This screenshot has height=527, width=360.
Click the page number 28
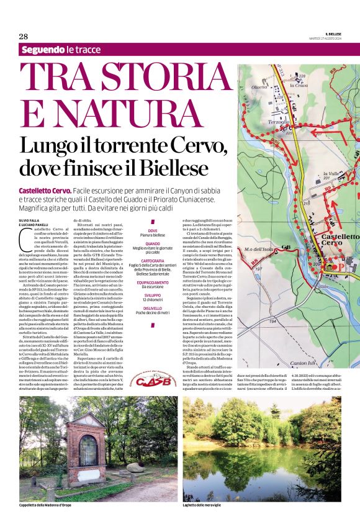tap(24, 36)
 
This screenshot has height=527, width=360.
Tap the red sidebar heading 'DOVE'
tap(152, 231)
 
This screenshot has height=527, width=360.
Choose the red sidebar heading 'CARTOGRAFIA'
tap(152, 261)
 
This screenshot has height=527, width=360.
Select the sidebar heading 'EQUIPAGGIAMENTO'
tap(152, 281)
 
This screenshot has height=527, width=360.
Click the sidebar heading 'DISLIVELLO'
tap(152, 309)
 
